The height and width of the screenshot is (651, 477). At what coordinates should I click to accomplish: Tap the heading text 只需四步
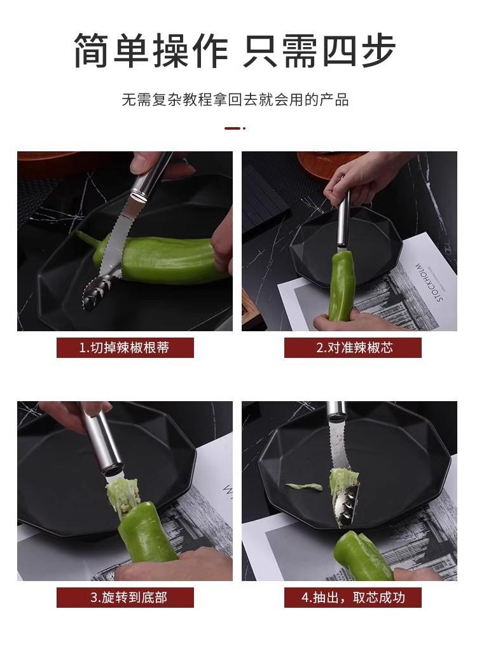pos(319,51)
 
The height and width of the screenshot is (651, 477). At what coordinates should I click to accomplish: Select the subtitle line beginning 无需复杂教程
pos(235,100)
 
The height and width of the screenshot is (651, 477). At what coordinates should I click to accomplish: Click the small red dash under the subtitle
pos(235,128)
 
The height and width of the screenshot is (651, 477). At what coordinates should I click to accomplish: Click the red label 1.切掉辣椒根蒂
pos(125,348)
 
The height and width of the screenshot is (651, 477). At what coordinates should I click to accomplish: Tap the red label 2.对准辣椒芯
pos(353,348)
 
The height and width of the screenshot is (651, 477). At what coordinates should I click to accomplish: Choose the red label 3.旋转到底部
pos(125,598)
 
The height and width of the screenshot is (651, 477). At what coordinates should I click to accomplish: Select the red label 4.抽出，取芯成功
pos(353,598)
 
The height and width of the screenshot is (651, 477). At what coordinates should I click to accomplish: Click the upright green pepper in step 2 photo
pos(342,287)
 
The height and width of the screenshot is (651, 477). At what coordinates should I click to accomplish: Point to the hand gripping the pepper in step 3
pos(174,564)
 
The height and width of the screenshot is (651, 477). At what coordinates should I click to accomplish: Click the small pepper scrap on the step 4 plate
pos(304,486)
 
